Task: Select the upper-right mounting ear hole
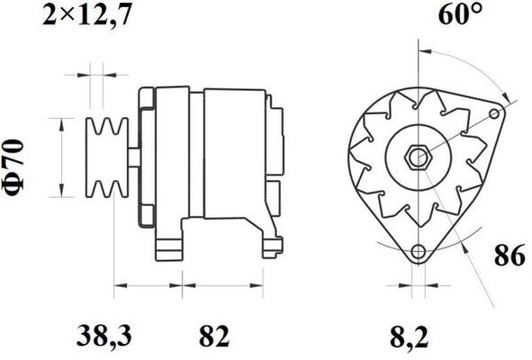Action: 500,113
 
